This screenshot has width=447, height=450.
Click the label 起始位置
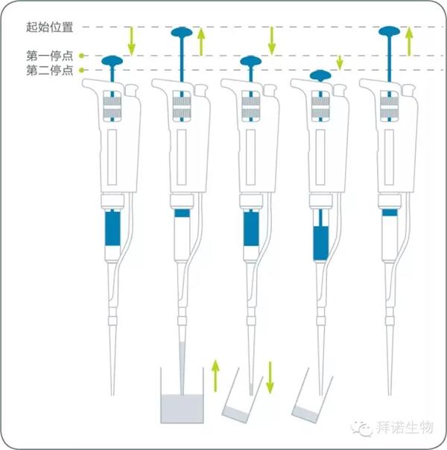click(49, 28)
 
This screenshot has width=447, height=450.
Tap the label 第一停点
click(49, 56)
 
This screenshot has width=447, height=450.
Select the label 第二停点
click(49, 71)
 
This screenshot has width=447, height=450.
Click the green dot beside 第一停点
click(82, 56)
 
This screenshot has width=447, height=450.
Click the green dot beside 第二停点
click(82, 70)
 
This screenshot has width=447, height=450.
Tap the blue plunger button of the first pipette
click(112, 60)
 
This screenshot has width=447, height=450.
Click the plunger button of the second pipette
click(182, 32)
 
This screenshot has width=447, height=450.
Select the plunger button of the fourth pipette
click(320, 75)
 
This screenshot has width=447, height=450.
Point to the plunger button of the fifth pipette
click(389, 31)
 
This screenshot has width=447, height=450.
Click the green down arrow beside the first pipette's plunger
click(131, 41)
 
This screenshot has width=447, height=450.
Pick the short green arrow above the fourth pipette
click(340, 62)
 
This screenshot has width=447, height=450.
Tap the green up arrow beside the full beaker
click(215, 376)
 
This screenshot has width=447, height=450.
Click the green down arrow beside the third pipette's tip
click(270, 377)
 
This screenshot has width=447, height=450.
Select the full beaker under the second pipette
click(182, 395)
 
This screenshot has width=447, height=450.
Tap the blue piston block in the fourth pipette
click(320, 243)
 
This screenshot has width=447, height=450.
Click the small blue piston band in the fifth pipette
click(390, 213)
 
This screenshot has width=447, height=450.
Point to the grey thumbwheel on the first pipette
click(112, 109)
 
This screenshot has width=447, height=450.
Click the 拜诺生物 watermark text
click(405, 428)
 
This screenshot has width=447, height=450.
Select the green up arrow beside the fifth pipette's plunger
click(409, 41)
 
